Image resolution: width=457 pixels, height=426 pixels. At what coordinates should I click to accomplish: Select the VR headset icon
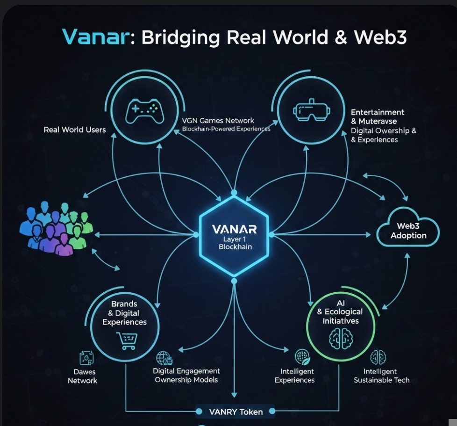click(311, 110)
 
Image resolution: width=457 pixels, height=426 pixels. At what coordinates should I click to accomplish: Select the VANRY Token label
click(236, 412)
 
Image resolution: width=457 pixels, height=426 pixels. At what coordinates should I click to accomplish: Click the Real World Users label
click(75, 130)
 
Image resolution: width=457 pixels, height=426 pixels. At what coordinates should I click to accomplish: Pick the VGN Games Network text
click(218, 121)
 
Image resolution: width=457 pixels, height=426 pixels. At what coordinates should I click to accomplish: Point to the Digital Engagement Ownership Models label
click(186, 375)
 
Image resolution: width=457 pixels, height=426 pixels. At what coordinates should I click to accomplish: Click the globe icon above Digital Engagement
click(164, 358)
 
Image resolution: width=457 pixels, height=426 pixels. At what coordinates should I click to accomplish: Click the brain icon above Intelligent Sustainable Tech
click(378, 358)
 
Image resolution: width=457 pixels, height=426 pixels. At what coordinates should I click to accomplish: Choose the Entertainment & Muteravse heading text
click(378, 117)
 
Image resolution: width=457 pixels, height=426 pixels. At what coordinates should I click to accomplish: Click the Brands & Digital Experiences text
click(124, 313)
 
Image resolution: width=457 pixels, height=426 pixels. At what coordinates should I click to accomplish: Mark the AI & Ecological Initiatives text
click(340, 312)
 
